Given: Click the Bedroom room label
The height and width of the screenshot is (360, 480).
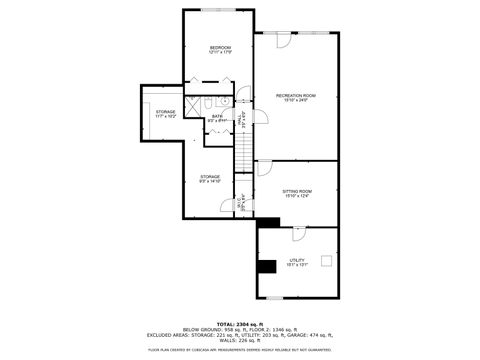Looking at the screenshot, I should [x=220, y=49].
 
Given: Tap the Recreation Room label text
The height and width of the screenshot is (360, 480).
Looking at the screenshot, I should [x=296, y=97].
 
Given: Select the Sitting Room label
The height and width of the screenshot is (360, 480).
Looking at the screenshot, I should [x=297, y=193].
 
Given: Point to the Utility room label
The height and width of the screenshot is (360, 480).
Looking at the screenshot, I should [x=297, y=262].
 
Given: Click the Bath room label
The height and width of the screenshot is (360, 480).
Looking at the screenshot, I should [x=217, y=118].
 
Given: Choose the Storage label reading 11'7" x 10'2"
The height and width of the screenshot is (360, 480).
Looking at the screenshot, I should [x=165, y=114].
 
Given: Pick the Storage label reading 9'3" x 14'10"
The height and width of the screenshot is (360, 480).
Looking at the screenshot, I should [x=209, y=179].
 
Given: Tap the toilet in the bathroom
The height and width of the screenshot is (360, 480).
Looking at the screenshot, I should [x=225, y=101].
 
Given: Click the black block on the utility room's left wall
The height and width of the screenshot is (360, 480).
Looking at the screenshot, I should [x=266, y=266].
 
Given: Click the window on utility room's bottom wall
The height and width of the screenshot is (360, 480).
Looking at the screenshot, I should [x=281, y=297].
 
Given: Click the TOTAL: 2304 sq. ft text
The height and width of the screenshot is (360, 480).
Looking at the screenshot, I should [x=240, y=325].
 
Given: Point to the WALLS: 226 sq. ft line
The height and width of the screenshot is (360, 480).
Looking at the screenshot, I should [x=240, y=340].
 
